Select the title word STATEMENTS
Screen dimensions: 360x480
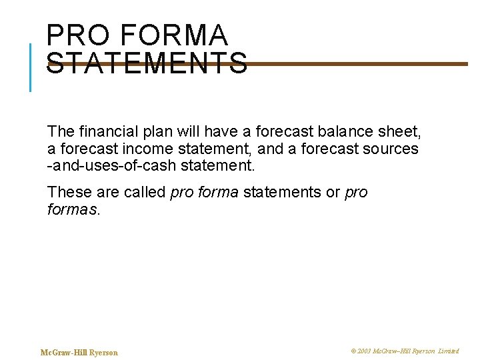147,64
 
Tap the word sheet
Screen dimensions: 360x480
397,132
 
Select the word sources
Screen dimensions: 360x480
391,148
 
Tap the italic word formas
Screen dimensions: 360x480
73,209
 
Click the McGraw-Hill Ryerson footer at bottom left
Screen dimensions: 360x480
79,353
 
